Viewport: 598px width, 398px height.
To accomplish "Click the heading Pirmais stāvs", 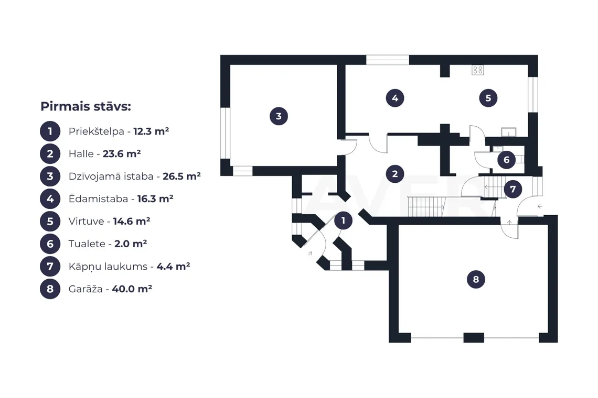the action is coord(86,106).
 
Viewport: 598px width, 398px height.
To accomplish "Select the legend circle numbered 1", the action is coord(50,131).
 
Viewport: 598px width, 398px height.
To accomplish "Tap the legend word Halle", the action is coord(81,154).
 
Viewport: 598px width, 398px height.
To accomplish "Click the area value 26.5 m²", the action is coord(181,176).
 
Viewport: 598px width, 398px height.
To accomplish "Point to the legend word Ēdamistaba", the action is coord(98,198).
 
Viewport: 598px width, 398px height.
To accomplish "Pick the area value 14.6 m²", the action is coord(132,222).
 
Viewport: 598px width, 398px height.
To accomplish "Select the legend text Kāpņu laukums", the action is coord(108,267).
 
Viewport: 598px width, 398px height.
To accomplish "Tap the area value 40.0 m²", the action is coord(132,289).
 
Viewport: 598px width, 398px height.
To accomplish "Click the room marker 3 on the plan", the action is coord(279,116).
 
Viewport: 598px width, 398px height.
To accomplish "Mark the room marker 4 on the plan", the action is coord(394,98).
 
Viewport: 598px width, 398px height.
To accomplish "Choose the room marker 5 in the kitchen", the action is coord(488,98).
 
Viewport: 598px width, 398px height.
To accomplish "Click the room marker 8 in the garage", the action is coord(476,279).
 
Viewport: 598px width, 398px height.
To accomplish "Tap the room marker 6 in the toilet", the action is coord(507,160).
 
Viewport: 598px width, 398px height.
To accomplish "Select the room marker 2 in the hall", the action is coord(394,174).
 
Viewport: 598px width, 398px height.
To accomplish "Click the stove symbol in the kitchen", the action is coord(477,70).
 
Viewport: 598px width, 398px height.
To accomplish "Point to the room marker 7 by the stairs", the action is coord(512,189).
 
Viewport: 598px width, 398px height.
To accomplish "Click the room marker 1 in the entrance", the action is coord(343,220).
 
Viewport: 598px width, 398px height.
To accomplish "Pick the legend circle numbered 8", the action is coord(50,289).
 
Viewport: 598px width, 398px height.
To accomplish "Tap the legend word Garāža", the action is coord(86,289).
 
